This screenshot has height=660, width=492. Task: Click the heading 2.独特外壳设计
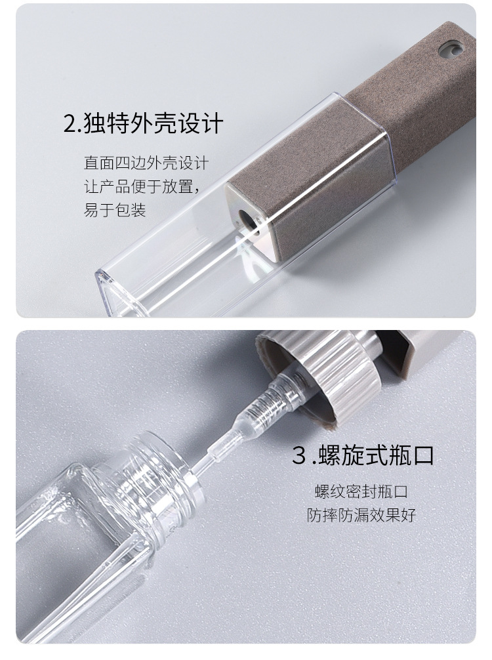point(143,123)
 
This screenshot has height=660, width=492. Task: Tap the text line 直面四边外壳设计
point(146,162)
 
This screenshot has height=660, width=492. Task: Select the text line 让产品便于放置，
point(140,186)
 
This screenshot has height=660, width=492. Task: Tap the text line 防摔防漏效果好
point(361,515)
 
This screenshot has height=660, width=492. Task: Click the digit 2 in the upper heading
point(70,123)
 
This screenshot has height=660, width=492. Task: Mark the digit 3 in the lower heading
point(299,456)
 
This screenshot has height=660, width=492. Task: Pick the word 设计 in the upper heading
point(203,123)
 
